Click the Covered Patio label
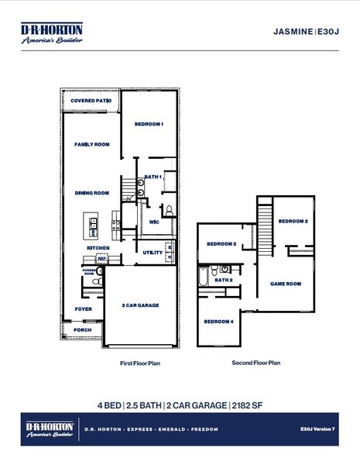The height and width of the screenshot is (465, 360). coord(91,102)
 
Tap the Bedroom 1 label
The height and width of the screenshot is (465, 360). coord(149,124)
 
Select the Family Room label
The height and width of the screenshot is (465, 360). coord(91,144)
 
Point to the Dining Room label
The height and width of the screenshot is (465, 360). coord(91,193)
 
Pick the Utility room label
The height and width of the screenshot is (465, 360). coord(153,253)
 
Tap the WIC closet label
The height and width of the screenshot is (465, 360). coord(153,222)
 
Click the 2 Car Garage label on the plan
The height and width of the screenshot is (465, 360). coord(141,305)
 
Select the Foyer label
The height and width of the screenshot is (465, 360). coord(83,308)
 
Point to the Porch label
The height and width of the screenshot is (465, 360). coord(82,329)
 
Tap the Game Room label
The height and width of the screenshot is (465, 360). coord(285,284)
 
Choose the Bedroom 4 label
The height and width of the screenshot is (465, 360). coord(218,321)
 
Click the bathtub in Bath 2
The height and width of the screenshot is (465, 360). coord(204,278)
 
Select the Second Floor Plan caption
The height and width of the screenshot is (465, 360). coord(255,362)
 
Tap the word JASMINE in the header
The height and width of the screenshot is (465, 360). coord(293,32)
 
